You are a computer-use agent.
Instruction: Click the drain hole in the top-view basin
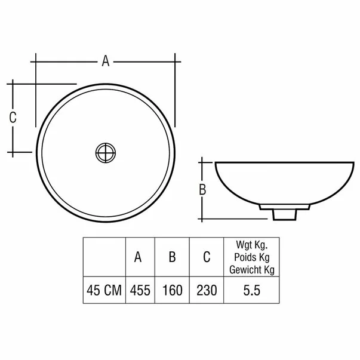(x=106, y=152)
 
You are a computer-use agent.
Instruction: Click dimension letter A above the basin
(x=105, y=60)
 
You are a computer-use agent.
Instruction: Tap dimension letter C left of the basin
(x=12, y=118)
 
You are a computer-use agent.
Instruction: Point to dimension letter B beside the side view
(x=202, y=190)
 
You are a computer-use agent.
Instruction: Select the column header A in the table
(x=138, y=257)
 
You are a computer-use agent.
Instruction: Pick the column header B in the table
(x=172, y=257)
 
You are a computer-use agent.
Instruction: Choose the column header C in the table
(x=206, y=257)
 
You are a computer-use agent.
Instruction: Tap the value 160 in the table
(x=172, y=291)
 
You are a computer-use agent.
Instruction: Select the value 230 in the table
(x=206, y=291)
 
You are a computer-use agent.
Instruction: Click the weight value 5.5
(x=251, y=291)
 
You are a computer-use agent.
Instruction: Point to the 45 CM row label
(x=104, y=291)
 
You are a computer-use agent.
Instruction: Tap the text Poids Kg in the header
(x=251, y=257)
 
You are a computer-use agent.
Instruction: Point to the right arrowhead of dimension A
(x=174, y=60)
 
